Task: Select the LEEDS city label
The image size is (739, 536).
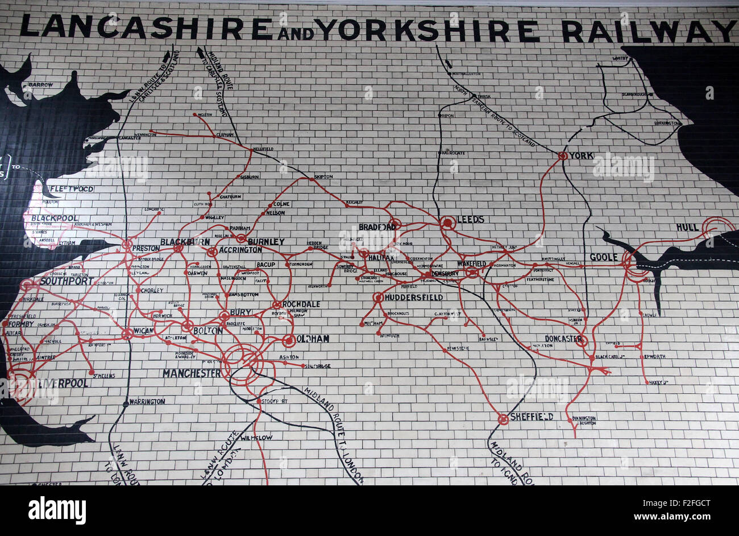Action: pos(471,219)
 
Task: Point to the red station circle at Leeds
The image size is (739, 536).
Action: pos(448,224)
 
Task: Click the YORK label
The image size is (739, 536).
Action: pos(582,155)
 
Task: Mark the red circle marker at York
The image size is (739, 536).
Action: pos(562,155)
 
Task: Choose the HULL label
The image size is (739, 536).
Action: pos(687,227)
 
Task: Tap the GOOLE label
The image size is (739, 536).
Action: pos(604,257)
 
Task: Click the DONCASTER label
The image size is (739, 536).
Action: pos(563,339)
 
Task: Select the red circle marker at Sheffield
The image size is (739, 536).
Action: pos(503,419)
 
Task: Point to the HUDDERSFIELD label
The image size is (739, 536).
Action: pos(413,297)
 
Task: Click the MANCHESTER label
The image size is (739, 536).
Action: pos(192,373)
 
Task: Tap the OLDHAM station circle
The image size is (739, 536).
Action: pos(288,341)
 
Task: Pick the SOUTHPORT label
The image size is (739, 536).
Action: pos(67,281)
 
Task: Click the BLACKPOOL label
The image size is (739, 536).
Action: pos(55,218)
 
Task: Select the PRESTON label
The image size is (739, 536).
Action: pos(146,248)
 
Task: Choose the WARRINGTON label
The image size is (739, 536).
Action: pos(147,401)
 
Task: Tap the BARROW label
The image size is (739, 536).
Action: pos(40,85)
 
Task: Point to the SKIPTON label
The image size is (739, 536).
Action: pos(323,176)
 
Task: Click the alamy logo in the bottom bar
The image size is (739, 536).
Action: pos(57,510)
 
